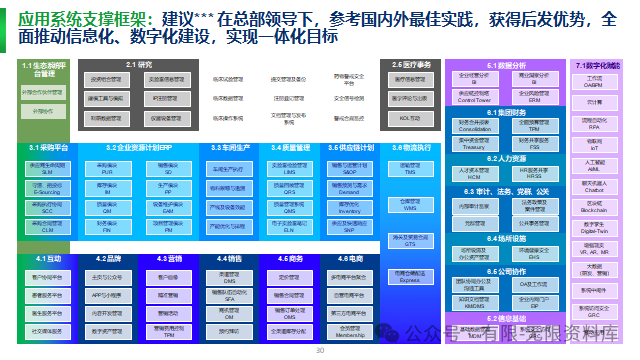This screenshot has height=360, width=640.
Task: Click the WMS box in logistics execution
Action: [408, 204]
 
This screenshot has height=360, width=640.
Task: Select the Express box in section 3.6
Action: [408, 278]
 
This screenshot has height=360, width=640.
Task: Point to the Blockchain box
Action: [594, 205]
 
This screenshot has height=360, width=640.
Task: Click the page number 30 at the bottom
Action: [320, 352]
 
